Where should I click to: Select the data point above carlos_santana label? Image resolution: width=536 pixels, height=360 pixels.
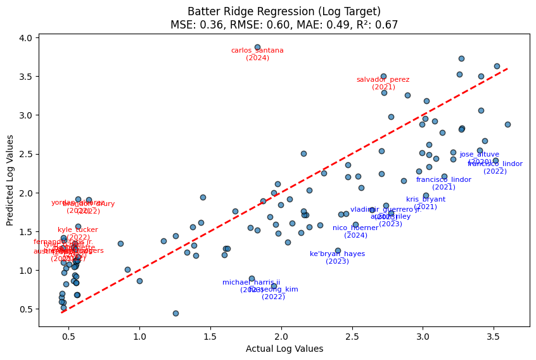click(x=257, y=47)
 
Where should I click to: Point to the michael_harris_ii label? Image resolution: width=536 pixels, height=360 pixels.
click(x=251, y=283)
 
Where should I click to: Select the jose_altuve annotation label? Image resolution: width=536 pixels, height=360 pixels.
click(x=480, y=154)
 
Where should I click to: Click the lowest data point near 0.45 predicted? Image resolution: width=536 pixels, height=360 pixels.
click(x=175, y=313)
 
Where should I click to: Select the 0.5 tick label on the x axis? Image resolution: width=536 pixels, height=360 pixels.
click(x=68, y=337)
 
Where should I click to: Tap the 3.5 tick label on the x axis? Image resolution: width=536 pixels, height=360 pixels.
click(x=494, y=337)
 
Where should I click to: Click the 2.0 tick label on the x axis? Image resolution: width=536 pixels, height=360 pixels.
click(x=281, y=337)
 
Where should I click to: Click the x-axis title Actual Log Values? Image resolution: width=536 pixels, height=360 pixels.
click(x=284, y=349)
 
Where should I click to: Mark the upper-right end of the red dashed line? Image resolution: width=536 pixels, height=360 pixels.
click(x=507, y=69)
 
